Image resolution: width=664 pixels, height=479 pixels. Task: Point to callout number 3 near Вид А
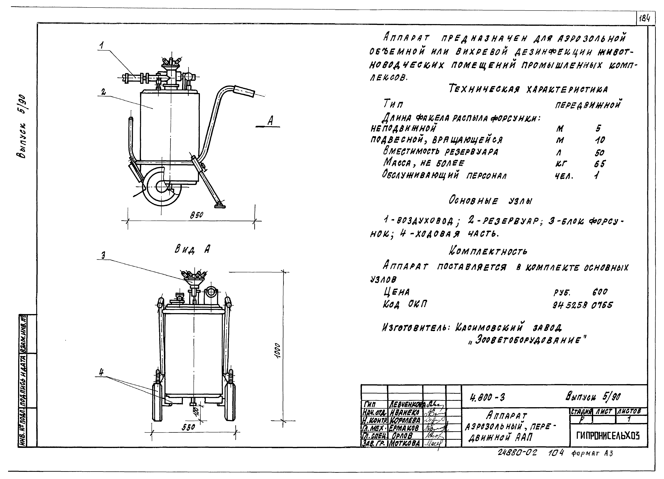[x=103, y=255]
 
